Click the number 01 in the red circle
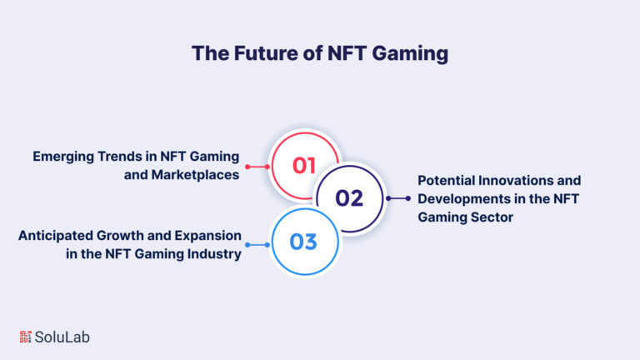(303, 166)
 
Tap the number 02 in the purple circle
(349, 198)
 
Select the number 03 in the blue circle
(303, 242)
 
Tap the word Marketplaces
(195, 175)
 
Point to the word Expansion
(207, 236)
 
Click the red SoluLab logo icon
(25, 337)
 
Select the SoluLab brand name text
(62, 337)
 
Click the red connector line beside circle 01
(257, 167)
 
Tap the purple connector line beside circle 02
(398, 198)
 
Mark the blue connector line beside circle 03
(257, 245)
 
